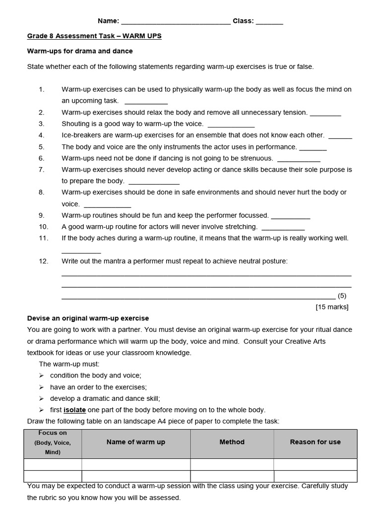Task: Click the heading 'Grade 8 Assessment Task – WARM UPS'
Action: [94, 36]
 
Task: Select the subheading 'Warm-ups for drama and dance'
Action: [80, 51]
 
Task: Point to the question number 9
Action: [41, 215]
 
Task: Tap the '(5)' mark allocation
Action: [342, 296]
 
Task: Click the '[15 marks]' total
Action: [332, 307]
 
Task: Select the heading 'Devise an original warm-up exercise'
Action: [88, 318]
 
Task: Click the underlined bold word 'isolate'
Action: [75, 410]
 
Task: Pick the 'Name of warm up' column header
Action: [136, 442]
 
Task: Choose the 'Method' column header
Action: [232, 442]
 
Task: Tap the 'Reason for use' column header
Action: [316, 442]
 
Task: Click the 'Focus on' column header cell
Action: [53, 443]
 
